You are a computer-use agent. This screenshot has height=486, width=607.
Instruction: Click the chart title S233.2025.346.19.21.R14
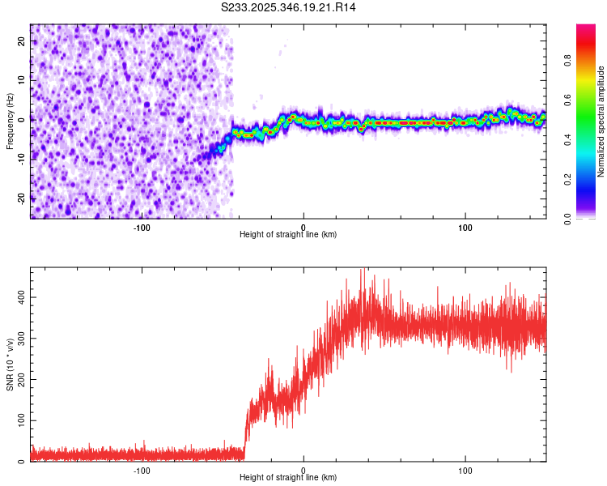[289, 7]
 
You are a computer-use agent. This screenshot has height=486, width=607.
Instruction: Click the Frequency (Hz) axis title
[10, 122]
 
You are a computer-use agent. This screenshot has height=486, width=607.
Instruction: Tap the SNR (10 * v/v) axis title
[10, 364]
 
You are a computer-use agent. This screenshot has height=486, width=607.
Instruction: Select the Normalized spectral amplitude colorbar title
[601, 122]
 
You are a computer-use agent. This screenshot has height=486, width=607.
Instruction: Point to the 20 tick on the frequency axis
[22, 40]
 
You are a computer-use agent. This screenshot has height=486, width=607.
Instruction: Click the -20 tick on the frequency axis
[20, 197]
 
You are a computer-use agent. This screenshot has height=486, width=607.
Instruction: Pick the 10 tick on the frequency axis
[22, 79]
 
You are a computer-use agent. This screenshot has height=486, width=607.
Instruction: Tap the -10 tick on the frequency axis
[20, 158]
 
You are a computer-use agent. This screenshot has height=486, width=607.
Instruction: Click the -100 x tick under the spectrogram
[142, 227]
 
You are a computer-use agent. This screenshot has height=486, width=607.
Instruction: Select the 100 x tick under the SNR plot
[465, 470]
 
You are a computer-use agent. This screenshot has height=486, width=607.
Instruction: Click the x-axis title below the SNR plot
[288, 478]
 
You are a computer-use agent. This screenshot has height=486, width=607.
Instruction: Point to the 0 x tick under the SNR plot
[303, 470]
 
